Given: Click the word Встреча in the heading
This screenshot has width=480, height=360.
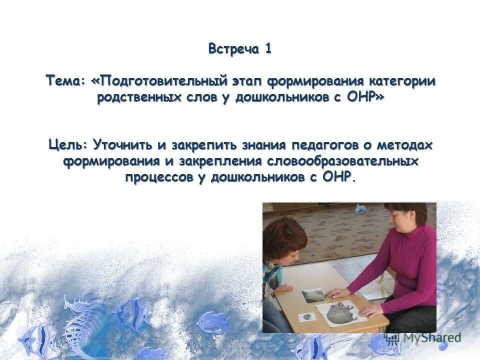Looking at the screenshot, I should (233, 49).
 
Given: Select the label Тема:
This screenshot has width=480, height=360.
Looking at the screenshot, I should (66, 81).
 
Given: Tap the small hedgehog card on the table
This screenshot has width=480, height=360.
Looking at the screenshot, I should (307, 316).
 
